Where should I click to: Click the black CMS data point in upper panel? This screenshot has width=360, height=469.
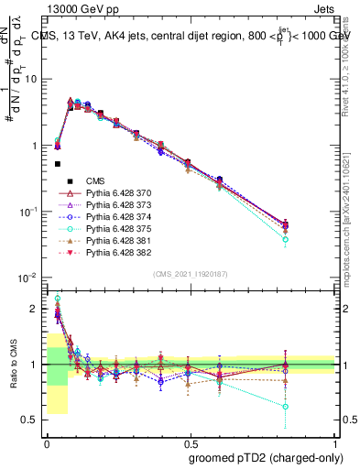[58, 164]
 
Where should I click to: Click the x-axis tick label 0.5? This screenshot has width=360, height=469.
[191, 442]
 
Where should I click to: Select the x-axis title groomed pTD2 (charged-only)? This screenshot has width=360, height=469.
[266, 456]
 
